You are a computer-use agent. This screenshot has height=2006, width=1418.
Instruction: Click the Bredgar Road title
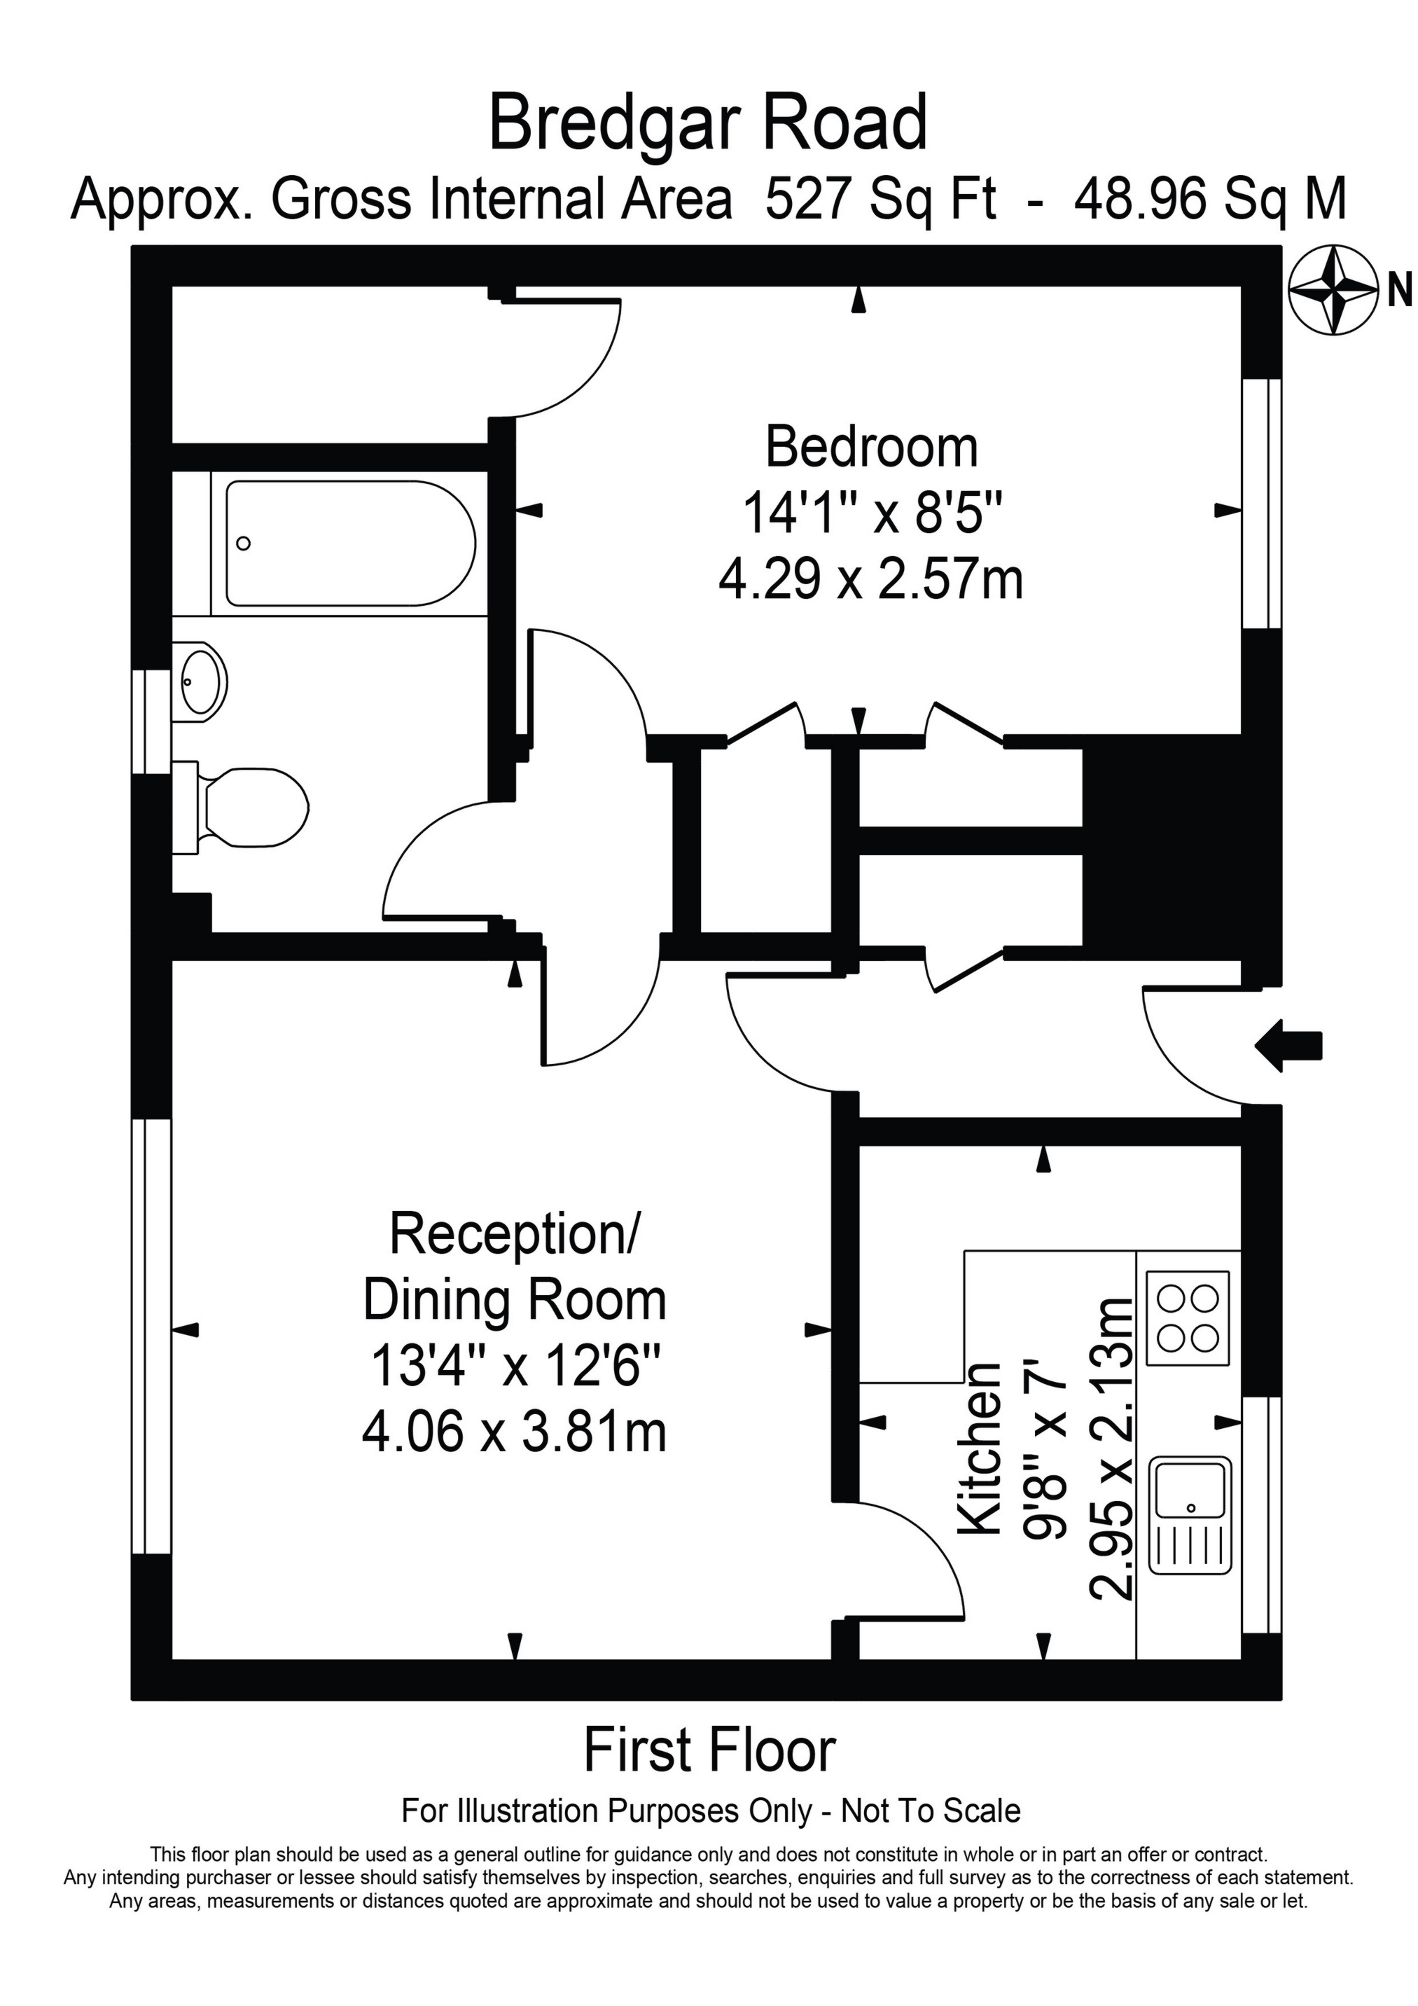[708, 125]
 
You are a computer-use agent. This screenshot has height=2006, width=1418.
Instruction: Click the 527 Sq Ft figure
[880, 199]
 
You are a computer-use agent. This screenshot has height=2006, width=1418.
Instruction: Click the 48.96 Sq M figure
[1209, 199]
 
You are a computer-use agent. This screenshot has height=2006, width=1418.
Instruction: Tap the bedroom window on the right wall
[1260, 503]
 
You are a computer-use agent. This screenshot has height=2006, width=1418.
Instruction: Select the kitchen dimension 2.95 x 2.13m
[1111, 1448]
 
